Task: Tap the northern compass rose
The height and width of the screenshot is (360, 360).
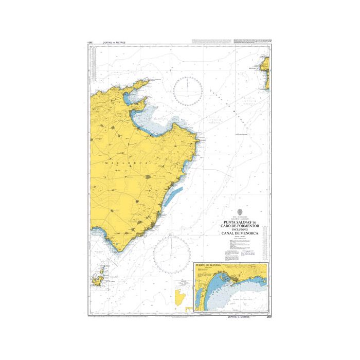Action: click(188, 91)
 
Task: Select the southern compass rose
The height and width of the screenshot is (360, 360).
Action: click(172, 255)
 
